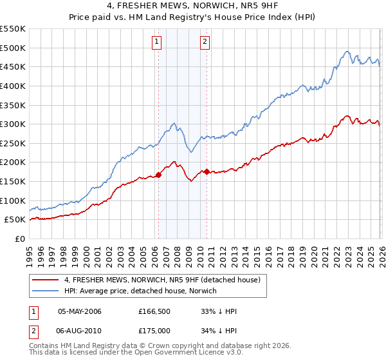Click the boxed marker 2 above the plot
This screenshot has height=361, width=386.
click(205, 43)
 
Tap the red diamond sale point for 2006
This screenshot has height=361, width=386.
click(158, 175)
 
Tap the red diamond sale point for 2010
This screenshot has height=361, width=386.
click(207, 171)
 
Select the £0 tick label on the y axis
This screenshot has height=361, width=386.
click(19, 239)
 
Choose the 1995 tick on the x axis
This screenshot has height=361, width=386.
click(30, 251)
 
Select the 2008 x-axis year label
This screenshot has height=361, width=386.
click(178, 251)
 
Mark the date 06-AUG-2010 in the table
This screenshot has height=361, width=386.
click(80, 331)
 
